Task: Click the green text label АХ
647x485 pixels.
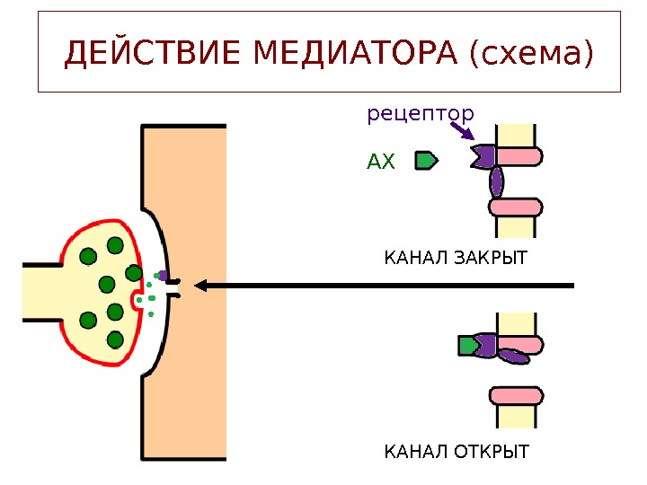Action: pyautogui.click(x=381, y=163)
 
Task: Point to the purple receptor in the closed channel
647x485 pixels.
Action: pyautogui.click(x=483, y=157)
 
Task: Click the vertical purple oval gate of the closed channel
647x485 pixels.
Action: pyautogui.click(x=496, y=182)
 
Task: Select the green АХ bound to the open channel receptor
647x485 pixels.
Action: pyautogui.click(x=467, y=346)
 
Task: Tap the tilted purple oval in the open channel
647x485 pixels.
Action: pyautogui.click(x=512, y=356)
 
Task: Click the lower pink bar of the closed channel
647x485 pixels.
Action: pyautogui.click(x=517, y=207)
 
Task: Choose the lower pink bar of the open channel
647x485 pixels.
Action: pyautogui.click(x=517, y=394)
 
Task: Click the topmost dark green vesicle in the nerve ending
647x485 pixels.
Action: pyautogui.click(x=115, y=245)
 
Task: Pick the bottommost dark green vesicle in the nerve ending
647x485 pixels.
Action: pyautogui.click(x=115, y=339)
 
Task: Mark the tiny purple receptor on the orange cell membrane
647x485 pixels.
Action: pyautogui.click(x=163, y=275)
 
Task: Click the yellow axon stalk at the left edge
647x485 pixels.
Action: pyautogui.click(x=40, y=292)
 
